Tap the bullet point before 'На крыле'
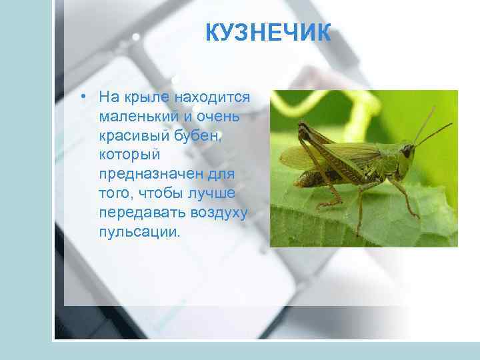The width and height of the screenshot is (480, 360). coord(82,97)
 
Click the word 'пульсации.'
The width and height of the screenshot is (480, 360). coord(139,233)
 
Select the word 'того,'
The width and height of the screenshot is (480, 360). coord(116,194)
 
